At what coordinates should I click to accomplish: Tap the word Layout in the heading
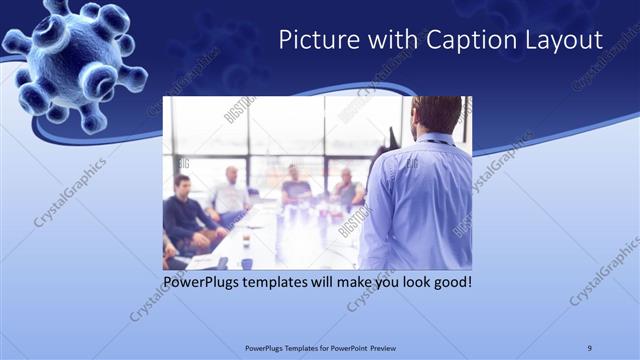(566, 40)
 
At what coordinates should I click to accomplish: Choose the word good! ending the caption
(450, 282)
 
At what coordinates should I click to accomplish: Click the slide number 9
(589, 347)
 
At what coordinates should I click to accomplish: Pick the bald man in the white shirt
(231, 192)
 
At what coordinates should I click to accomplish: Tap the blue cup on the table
(246, 264)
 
